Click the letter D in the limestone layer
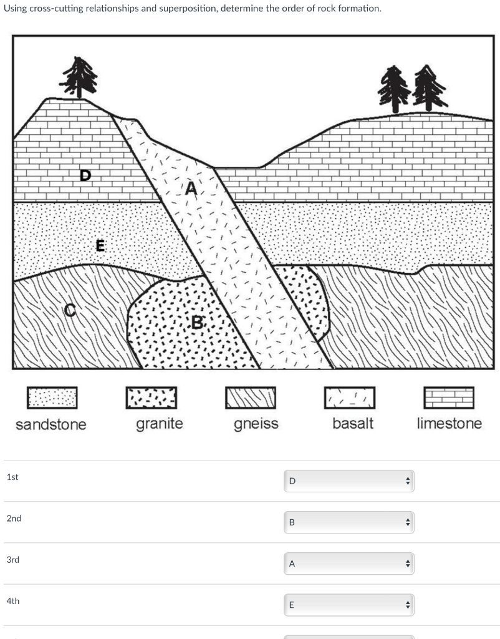point(85,175)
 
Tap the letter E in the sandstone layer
point(99,245)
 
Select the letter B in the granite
point(198,323)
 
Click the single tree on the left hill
point(79,77)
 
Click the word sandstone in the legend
point(51,425)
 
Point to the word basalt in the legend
point(353,424)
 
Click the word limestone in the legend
point(449,424)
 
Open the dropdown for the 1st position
point(349,480)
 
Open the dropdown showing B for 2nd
point(349,522)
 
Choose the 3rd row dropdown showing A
point(349,563)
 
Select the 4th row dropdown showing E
point(349,605)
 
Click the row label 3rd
point(13,560)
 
